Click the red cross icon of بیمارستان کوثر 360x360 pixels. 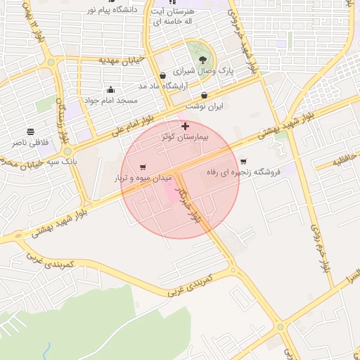click(185, 127)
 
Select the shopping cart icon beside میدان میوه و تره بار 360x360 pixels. click(143, 167)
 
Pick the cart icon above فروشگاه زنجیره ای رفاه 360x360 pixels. click(243, 161)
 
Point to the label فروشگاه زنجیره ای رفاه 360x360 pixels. click(243, 172)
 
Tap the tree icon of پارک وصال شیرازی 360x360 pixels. click(202, 60)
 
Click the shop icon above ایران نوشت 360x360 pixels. click(205, 95)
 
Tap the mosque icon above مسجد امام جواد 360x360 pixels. click(110, 89)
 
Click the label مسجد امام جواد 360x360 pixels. click(110, 101)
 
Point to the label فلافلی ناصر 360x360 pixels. click(30, 142)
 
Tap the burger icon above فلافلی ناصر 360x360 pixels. click(30, 131)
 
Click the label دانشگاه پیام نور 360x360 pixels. click(112, 10)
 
